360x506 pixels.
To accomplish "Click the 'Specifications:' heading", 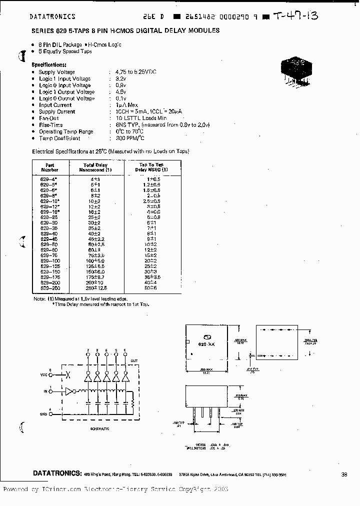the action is pos(49,65).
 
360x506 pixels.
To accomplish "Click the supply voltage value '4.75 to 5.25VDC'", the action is pos(135,72).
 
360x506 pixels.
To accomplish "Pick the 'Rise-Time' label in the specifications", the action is pos(50,125).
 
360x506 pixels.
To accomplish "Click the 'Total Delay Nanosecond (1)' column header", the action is pos(95,167).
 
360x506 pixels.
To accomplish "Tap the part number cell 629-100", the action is pos(49,261).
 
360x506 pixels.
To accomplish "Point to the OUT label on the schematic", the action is pos(133,360).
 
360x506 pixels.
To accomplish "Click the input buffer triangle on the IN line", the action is pos(68,391).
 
